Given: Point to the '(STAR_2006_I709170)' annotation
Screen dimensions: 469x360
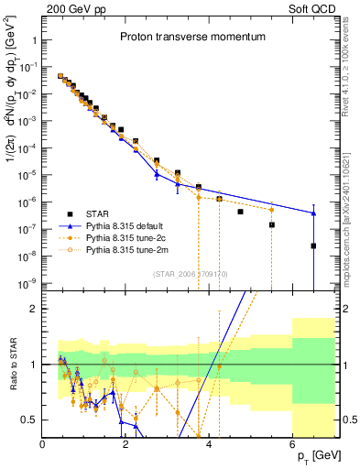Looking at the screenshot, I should [x=190, y=272].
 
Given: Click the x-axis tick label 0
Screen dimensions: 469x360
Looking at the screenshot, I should [x=43, y=443].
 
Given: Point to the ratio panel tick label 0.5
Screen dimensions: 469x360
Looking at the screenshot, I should [x=30, y=420].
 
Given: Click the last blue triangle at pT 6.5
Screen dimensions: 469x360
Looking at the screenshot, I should [x=313, y=213].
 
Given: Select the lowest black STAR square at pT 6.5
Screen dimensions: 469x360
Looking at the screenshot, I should [x=313, y=245].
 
